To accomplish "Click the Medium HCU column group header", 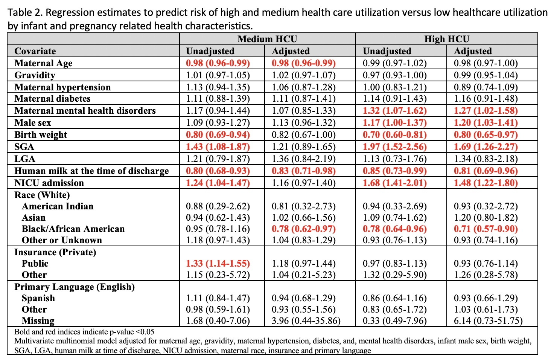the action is pos(267,39).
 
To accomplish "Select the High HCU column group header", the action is pos(447,39).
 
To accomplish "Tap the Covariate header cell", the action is pos(35,51).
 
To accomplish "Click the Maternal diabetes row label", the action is pos(52,99).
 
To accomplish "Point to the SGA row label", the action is pos(24,147).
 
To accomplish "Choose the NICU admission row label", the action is pos(49,183).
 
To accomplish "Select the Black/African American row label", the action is pos(73,229).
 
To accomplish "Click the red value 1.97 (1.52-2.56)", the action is pos(395,147).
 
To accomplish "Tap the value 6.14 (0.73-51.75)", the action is pos(488,321).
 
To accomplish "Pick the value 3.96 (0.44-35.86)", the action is pos(306,321).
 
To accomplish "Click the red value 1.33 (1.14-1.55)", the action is pos(218,264).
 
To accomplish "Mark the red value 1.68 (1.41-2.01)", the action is pos(395,183).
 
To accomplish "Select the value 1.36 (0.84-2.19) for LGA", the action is pos(304,159).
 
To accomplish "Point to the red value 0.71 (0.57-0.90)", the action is pos(486,229).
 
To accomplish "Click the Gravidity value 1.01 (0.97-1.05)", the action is pos(218,75).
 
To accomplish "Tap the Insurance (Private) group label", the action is pos(55,252).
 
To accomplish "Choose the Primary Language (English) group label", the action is pos(75,287).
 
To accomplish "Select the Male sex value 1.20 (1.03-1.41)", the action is pos(486,123).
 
